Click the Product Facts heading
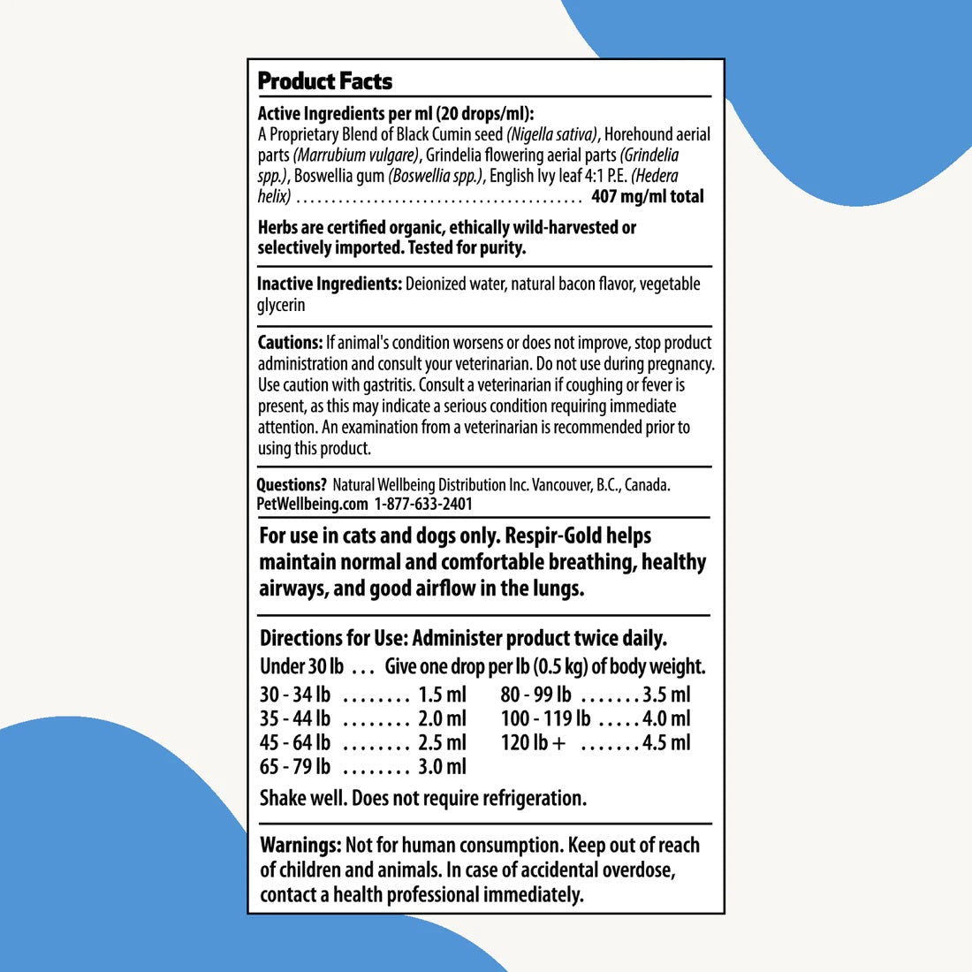324,81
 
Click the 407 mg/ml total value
648,196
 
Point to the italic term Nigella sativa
552,134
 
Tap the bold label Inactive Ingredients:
329,284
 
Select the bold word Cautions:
290,343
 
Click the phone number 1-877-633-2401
423,504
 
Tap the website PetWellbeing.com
312,504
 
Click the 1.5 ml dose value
442,695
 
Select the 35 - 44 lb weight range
295,718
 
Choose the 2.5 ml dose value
442,742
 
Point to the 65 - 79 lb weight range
295,766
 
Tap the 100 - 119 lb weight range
545,718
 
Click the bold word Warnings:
300,845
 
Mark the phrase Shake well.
303,798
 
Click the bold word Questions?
292,485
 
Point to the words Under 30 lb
301,665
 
